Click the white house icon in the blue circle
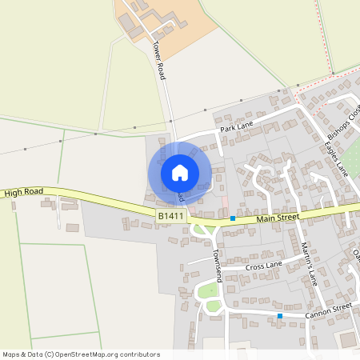[180, 173]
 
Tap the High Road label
[22, 193]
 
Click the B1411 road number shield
[170, 216]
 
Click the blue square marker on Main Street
[233, 218]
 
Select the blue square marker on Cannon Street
[280, 316]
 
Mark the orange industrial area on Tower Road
[180, 24]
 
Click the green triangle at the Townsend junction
[200, 230]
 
